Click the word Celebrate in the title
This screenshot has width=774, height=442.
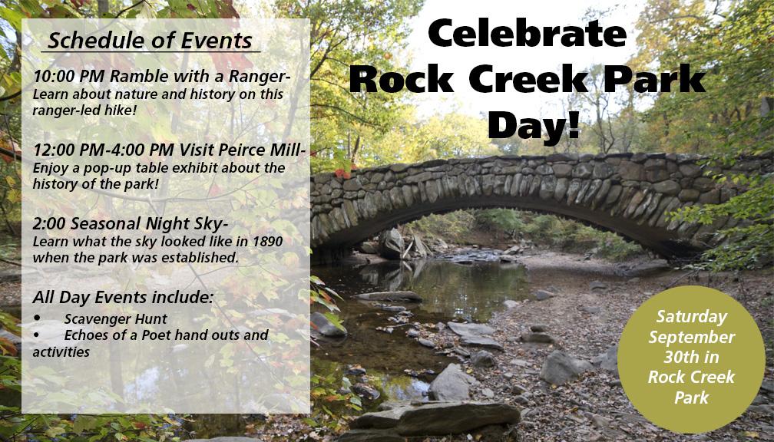[x=527, y=33]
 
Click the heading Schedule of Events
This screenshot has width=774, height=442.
[x=150, y=41]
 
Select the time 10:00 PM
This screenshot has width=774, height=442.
[x=69, y=77]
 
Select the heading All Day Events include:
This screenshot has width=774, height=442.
[x=123, y=298]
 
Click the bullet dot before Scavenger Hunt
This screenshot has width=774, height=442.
[x=37, y=319]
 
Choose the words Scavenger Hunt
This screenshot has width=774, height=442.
[x=115, y=320]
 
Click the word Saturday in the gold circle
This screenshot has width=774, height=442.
[x=692, y=317]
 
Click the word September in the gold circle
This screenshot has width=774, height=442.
[x=692, y=338]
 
